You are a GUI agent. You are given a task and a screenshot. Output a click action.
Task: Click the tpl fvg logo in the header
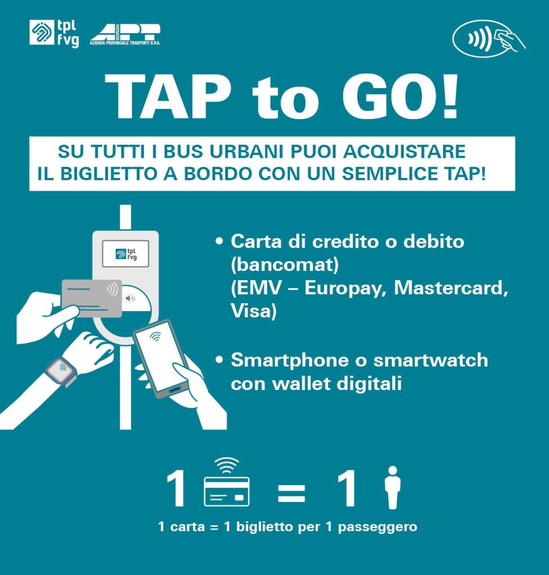click(54, 33)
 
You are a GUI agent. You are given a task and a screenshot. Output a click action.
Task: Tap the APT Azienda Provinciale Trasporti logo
click(125, 35)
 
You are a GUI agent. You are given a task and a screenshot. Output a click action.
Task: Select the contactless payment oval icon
click(489, 38)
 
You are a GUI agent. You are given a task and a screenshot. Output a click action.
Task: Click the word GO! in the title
click(401, 97)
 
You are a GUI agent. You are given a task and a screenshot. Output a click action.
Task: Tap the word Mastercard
click(451, 288)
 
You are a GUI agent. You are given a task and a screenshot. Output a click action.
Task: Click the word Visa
click(253, 311)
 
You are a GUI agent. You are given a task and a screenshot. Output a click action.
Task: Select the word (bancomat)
click(285, 264)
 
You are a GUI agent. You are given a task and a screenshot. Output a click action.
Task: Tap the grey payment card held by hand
click(92, 298)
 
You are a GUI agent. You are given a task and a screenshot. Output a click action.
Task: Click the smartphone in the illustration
click(161, 358)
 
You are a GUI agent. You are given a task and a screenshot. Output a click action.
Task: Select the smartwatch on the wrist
click(61, 371)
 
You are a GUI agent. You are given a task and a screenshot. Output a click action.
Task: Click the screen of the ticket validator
click(125, 253)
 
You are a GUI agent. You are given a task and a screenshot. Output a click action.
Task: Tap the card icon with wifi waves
click(227, 482)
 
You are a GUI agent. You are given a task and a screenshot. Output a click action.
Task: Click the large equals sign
click(292, 493)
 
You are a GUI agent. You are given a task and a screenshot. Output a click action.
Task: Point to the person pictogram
click(393, 487)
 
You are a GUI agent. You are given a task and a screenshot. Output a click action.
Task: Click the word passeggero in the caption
click(378, 527)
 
